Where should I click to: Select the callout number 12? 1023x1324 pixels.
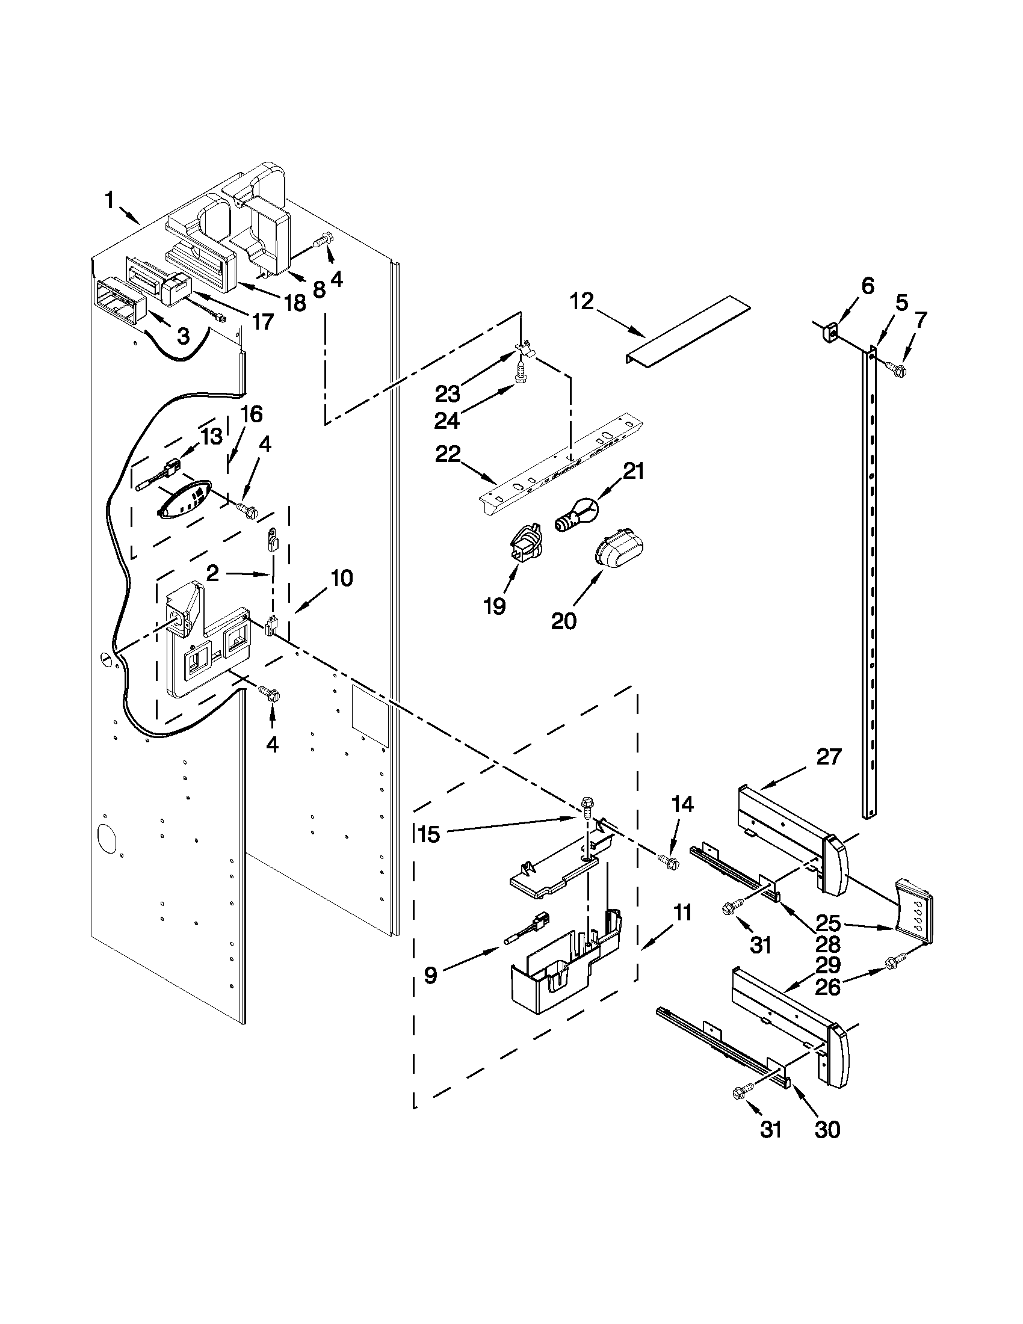tap(582, 301)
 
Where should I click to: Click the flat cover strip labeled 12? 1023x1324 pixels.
tap(688, 332)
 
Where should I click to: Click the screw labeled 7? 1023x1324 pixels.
tap(895, 367)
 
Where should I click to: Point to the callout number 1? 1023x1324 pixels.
tap(110, 200)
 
